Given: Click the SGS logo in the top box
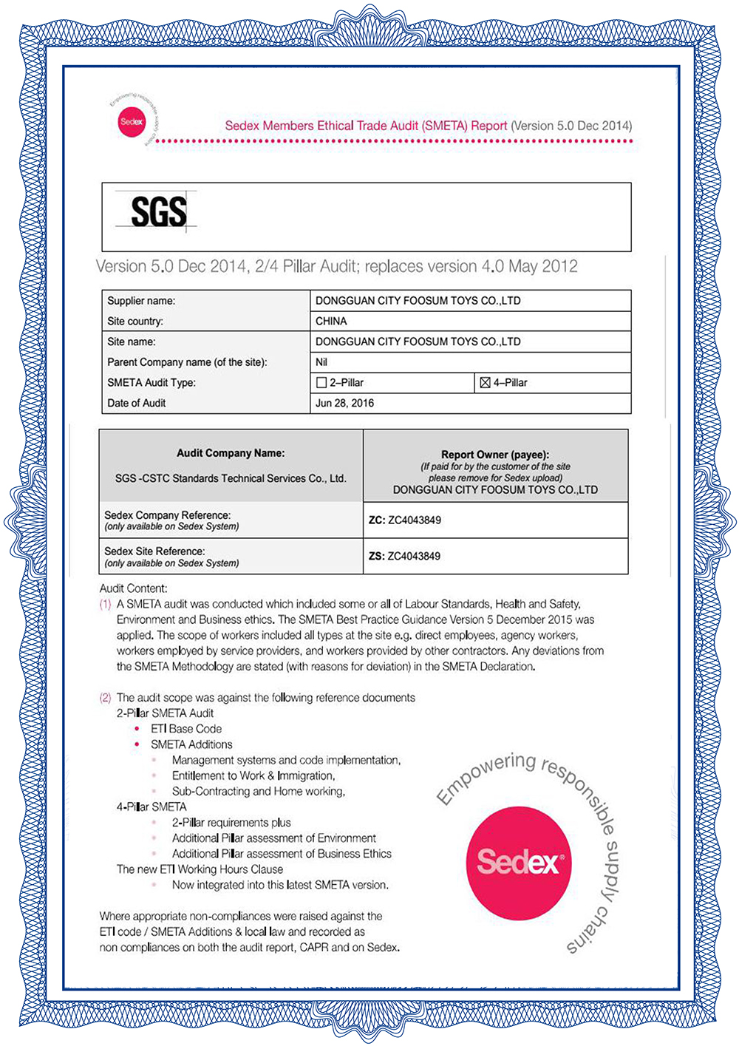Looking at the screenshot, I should pos(158,211).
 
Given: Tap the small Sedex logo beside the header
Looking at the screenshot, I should pos(132,122).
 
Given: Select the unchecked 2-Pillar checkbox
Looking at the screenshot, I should pos(321,383).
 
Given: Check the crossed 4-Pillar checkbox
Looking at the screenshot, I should pos(485,383).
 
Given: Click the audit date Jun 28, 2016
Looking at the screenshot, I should pos(344,403).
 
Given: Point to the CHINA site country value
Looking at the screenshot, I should pos(331,321).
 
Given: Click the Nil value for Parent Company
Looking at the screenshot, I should pos(321,362).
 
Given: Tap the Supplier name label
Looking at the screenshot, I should pos(141,301).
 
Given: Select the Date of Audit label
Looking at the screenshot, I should pos(137,403).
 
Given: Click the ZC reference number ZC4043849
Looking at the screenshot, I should pos(415,520).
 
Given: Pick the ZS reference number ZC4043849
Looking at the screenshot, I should pos(414,556).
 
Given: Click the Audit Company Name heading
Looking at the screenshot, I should pos(231,453).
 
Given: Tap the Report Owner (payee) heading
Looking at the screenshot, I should pos(495,455).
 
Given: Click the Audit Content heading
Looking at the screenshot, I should pos(134,588).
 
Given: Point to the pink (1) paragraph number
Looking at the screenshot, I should pos(105,604).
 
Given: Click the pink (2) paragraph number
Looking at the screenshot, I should pos(105,697).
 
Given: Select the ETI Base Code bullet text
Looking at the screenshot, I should pos(186,729).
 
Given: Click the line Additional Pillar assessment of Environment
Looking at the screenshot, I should pos(274,838).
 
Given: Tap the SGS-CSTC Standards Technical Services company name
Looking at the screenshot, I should pos(231,478).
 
